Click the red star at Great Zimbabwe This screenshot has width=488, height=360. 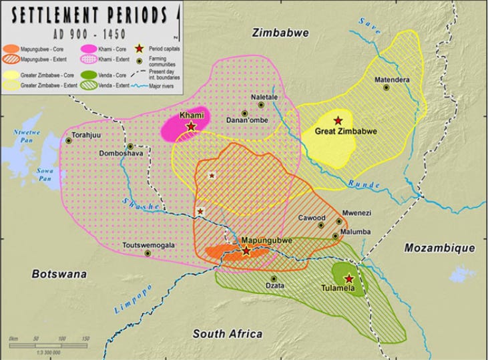point(338,120)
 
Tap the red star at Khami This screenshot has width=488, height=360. point(191,126)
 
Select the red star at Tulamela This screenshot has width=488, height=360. point(348,279)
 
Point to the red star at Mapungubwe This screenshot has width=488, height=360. point(246,251)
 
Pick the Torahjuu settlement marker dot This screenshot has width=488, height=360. point(69,140)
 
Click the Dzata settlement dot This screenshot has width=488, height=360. point(273,279)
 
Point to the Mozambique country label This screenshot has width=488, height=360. point(439,248)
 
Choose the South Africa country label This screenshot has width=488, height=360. point(227,334)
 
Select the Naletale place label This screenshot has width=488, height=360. point(264,97)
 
